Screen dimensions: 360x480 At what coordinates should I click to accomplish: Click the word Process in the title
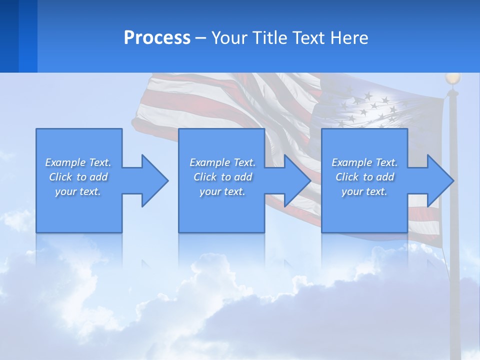[157, 38]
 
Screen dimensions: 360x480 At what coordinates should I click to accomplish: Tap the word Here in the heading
[349, 38]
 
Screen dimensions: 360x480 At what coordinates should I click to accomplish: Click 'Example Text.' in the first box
[78, 162]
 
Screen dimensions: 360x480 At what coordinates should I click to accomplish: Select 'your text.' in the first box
[78, 191]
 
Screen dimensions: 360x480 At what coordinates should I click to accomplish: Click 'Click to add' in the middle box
[222, 177]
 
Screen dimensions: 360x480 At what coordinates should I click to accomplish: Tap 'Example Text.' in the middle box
[222, 162]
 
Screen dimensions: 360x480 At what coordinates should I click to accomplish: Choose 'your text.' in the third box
[364, 191]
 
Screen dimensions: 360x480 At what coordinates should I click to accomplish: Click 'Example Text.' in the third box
[364, 162]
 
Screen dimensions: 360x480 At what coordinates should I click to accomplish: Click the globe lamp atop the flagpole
[452, 78]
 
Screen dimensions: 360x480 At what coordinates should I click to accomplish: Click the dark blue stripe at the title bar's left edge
[9, 36]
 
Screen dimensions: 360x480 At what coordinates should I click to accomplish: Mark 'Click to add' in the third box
[364, 177]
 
